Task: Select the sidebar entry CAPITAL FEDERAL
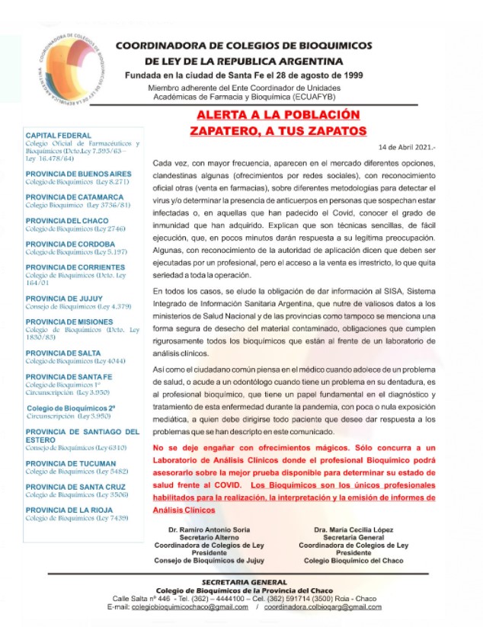pos(59,135)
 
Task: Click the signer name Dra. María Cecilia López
pos(353,529)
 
